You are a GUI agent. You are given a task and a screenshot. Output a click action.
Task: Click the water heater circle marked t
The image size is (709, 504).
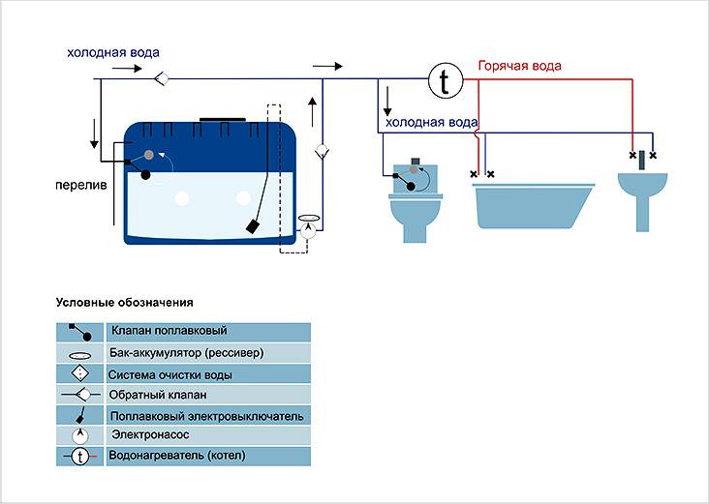444,81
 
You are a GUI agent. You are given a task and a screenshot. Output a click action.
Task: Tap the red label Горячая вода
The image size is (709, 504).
519,66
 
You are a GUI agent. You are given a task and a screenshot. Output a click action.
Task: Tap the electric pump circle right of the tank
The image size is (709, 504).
308,230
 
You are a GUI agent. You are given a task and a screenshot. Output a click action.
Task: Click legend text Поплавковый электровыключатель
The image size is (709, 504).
207,416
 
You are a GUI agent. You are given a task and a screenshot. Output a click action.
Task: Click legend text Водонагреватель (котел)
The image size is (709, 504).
179,456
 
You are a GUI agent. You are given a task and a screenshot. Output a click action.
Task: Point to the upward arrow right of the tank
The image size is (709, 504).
311,108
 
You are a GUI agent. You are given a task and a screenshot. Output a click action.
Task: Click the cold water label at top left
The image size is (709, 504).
113,52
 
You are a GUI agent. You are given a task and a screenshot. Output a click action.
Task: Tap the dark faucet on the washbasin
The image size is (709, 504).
640,155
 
